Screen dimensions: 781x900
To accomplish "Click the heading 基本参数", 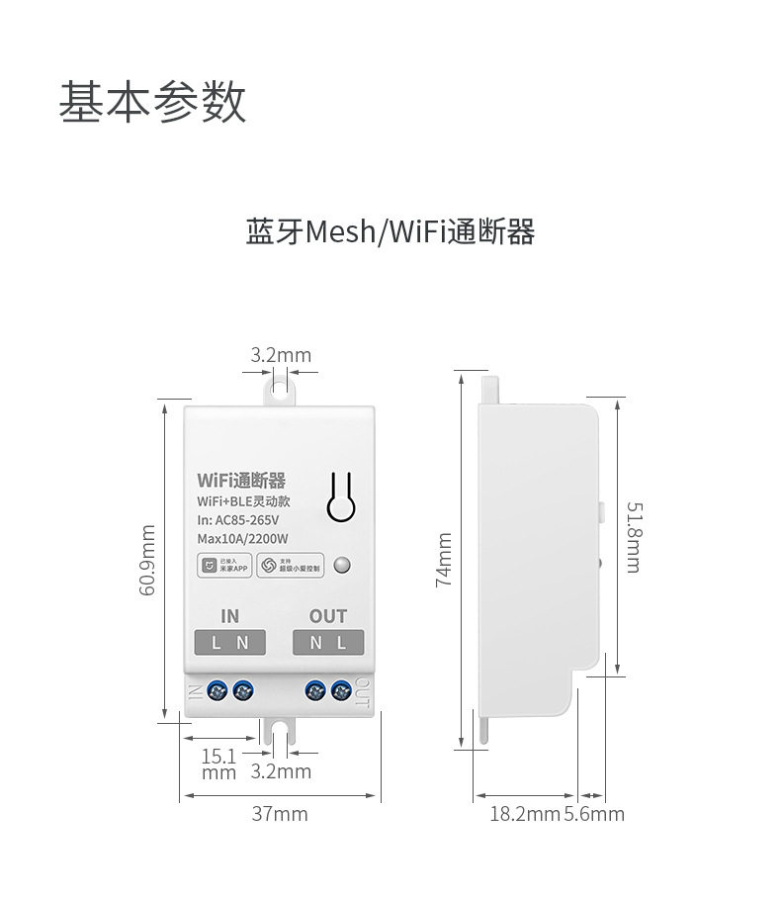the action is pos(151,102).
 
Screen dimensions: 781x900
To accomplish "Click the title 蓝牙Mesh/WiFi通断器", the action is pos(390,232).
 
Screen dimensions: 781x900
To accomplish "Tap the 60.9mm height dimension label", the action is pos(148,560).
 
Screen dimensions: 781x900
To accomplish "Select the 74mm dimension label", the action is pos(444,560).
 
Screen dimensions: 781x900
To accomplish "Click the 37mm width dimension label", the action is pos(279,814).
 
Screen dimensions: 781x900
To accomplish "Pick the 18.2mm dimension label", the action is pos(525,814).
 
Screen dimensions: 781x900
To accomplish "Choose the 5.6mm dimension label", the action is pos(594,814).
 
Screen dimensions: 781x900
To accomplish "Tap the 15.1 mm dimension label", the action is pos(218,764).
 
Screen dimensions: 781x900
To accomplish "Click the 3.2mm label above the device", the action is pos(280,354).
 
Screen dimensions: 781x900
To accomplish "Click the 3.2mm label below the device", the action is pos(281,770).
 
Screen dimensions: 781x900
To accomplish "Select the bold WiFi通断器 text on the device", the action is pos(241,481).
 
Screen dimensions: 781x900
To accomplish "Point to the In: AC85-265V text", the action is pos(238,520).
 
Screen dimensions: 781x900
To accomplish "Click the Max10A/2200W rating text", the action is pos(242,539).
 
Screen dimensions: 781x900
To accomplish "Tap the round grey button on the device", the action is pos(342,565).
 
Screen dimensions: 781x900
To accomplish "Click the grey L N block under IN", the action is pos(229,643).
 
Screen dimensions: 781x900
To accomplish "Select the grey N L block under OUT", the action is pos(328,643).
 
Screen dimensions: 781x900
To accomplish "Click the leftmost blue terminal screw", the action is pos(216,689).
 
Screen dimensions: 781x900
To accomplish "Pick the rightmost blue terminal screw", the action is pos(342,689).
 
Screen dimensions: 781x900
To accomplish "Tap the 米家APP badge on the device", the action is pos(222,566).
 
